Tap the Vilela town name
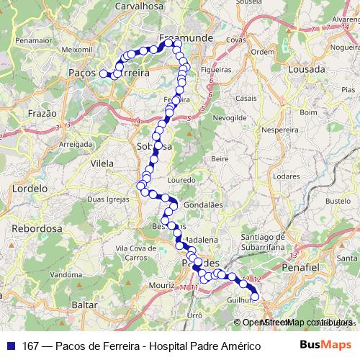(102, 163)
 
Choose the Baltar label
(85, 305)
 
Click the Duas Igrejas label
(105, 198)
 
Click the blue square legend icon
(11, 346)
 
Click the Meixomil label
(78, 50)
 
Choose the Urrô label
(194, 315)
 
